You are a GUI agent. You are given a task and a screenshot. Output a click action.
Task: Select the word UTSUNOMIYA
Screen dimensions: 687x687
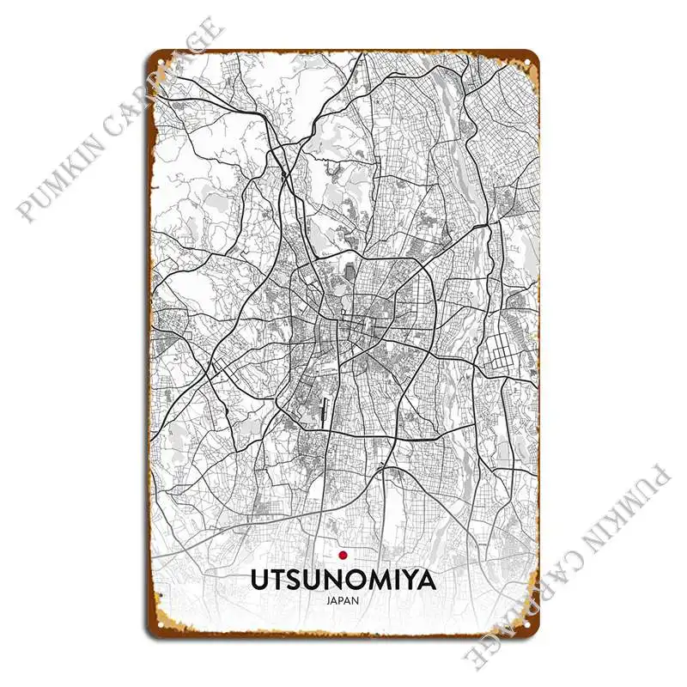coord(343,581)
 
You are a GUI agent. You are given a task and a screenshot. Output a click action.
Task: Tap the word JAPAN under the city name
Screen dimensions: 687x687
coord(343,600)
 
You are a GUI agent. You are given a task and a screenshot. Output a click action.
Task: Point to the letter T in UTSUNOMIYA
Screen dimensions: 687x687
coord(280,581)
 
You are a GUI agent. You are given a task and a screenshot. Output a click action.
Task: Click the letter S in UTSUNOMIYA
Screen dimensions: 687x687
coord(299,581)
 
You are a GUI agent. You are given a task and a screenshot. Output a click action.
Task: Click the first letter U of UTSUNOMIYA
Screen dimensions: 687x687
coord(260,581)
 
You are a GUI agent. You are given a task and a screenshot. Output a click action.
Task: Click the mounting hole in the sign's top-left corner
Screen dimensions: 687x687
coord(159,64)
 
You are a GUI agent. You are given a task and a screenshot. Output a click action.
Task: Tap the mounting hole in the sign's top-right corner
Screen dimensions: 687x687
coord(528,64)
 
